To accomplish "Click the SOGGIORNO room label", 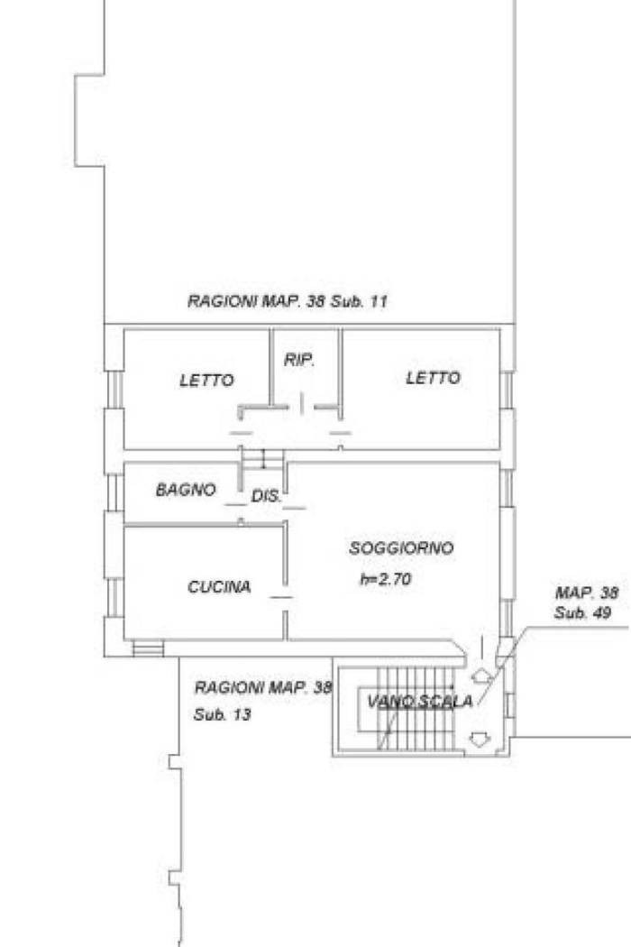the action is click(401, 547).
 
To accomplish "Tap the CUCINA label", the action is click(219, 586).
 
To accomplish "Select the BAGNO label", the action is click(186, 489).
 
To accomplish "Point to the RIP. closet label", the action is click(299, 360).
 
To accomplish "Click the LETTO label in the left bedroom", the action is click(206, 380).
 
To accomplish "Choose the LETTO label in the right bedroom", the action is click(433, 378).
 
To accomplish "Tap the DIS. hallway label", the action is click(266, 496).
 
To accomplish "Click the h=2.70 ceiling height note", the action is click(385, 579).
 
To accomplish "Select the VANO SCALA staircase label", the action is click(420, 701).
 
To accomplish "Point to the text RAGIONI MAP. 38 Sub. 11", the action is click(288, 300).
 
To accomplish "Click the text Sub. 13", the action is click(223, 714).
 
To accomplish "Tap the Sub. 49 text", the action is click(582, 613).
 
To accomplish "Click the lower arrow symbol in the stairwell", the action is click(478, 740).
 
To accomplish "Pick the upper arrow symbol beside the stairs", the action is click(480, 676).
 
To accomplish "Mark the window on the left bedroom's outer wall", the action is click(114, 390).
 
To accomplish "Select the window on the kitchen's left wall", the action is click(114, 597).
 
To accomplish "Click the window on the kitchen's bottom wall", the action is click(148, 648).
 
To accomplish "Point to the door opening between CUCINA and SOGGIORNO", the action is click(285, 598).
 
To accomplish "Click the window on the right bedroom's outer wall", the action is click(508, 391).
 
